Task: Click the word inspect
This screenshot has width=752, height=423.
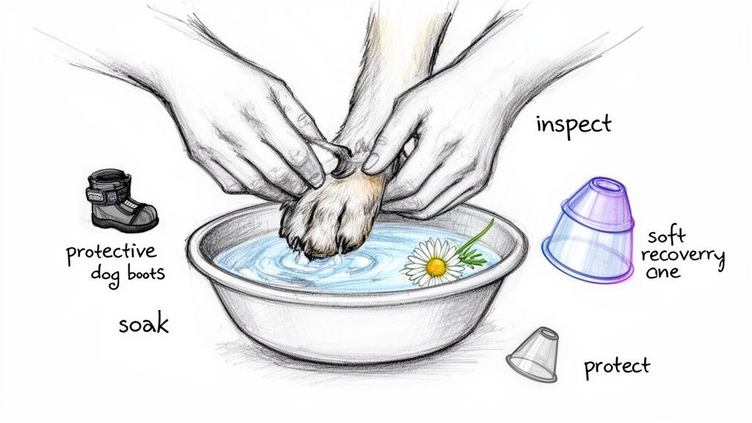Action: [573, 124]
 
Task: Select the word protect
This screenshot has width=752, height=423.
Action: [617, 366]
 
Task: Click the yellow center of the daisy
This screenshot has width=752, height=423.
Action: [436, 267]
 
